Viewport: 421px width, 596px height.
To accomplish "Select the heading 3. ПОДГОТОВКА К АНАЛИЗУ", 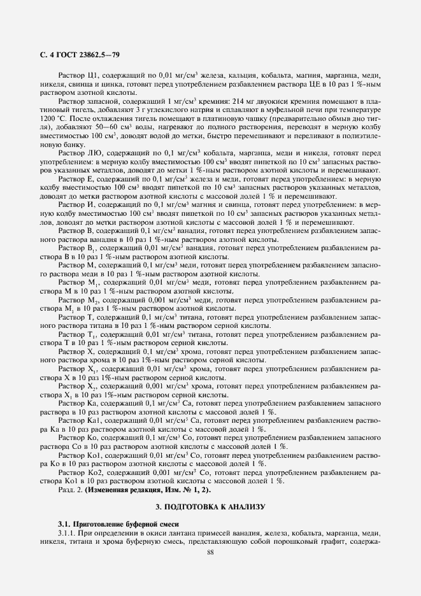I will tap(210, 506).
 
